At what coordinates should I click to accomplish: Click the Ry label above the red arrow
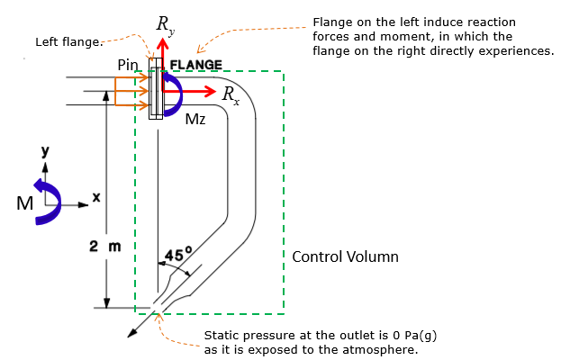166,26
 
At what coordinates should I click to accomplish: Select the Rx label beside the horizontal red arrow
231,95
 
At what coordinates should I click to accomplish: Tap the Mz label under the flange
195,119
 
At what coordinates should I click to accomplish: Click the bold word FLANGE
196,65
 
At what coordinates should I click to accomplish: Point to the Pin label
128,65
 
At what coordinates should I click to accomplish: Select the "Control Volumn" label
345,256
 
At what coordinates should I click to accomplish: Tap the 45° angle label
178,254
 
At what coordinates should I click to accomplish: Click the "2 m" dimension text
105,246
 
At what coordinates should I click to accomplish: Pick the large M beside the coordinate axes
24,203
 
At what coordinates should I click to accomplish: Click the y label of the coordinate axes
45,151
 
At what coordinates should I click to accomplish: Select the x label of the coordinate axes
96,197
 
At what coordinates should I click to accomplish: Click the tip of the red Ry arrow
163,38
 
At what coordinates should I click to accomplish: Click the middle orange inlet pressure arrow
131,91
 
